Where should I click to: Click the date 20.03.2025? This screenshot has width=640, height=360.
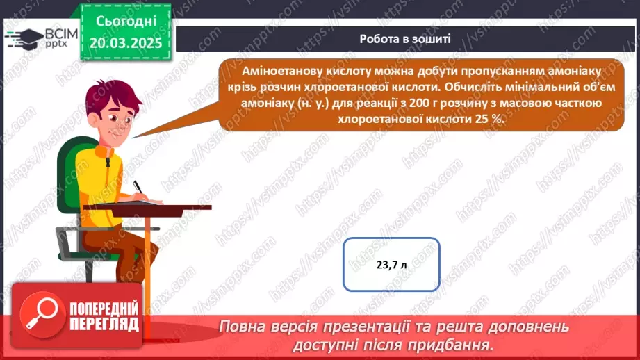126,43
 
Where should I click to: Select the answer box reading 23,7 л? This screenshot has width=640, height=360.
391,265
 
